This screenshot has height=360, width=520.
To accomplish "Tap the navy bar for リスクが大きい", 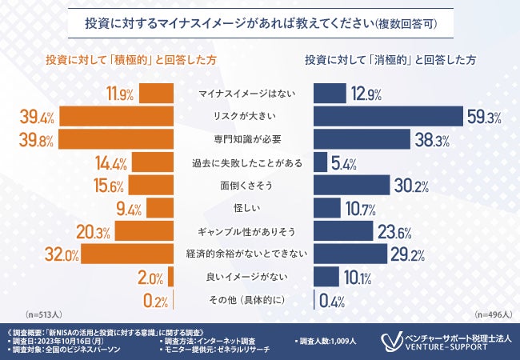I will [389, 117].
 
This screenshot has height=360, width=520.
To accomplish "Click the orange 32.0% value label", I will [38, 256].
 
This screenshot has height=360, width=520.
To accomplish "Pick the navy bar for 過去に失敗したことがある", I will [320, 163].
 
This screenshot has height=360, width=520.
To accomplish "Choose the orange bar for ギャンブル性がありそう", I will [145, 232].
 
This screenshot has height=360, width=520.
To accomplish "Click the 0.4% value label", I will [332, 302].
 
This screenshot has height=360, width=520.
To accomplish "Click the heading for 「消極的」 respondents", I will [390, 61].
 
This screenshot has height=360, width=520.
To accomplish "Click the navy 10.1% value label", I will [356, 278].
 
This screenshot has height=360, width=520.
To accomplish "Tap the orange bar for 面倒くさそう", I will [151, 186].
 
